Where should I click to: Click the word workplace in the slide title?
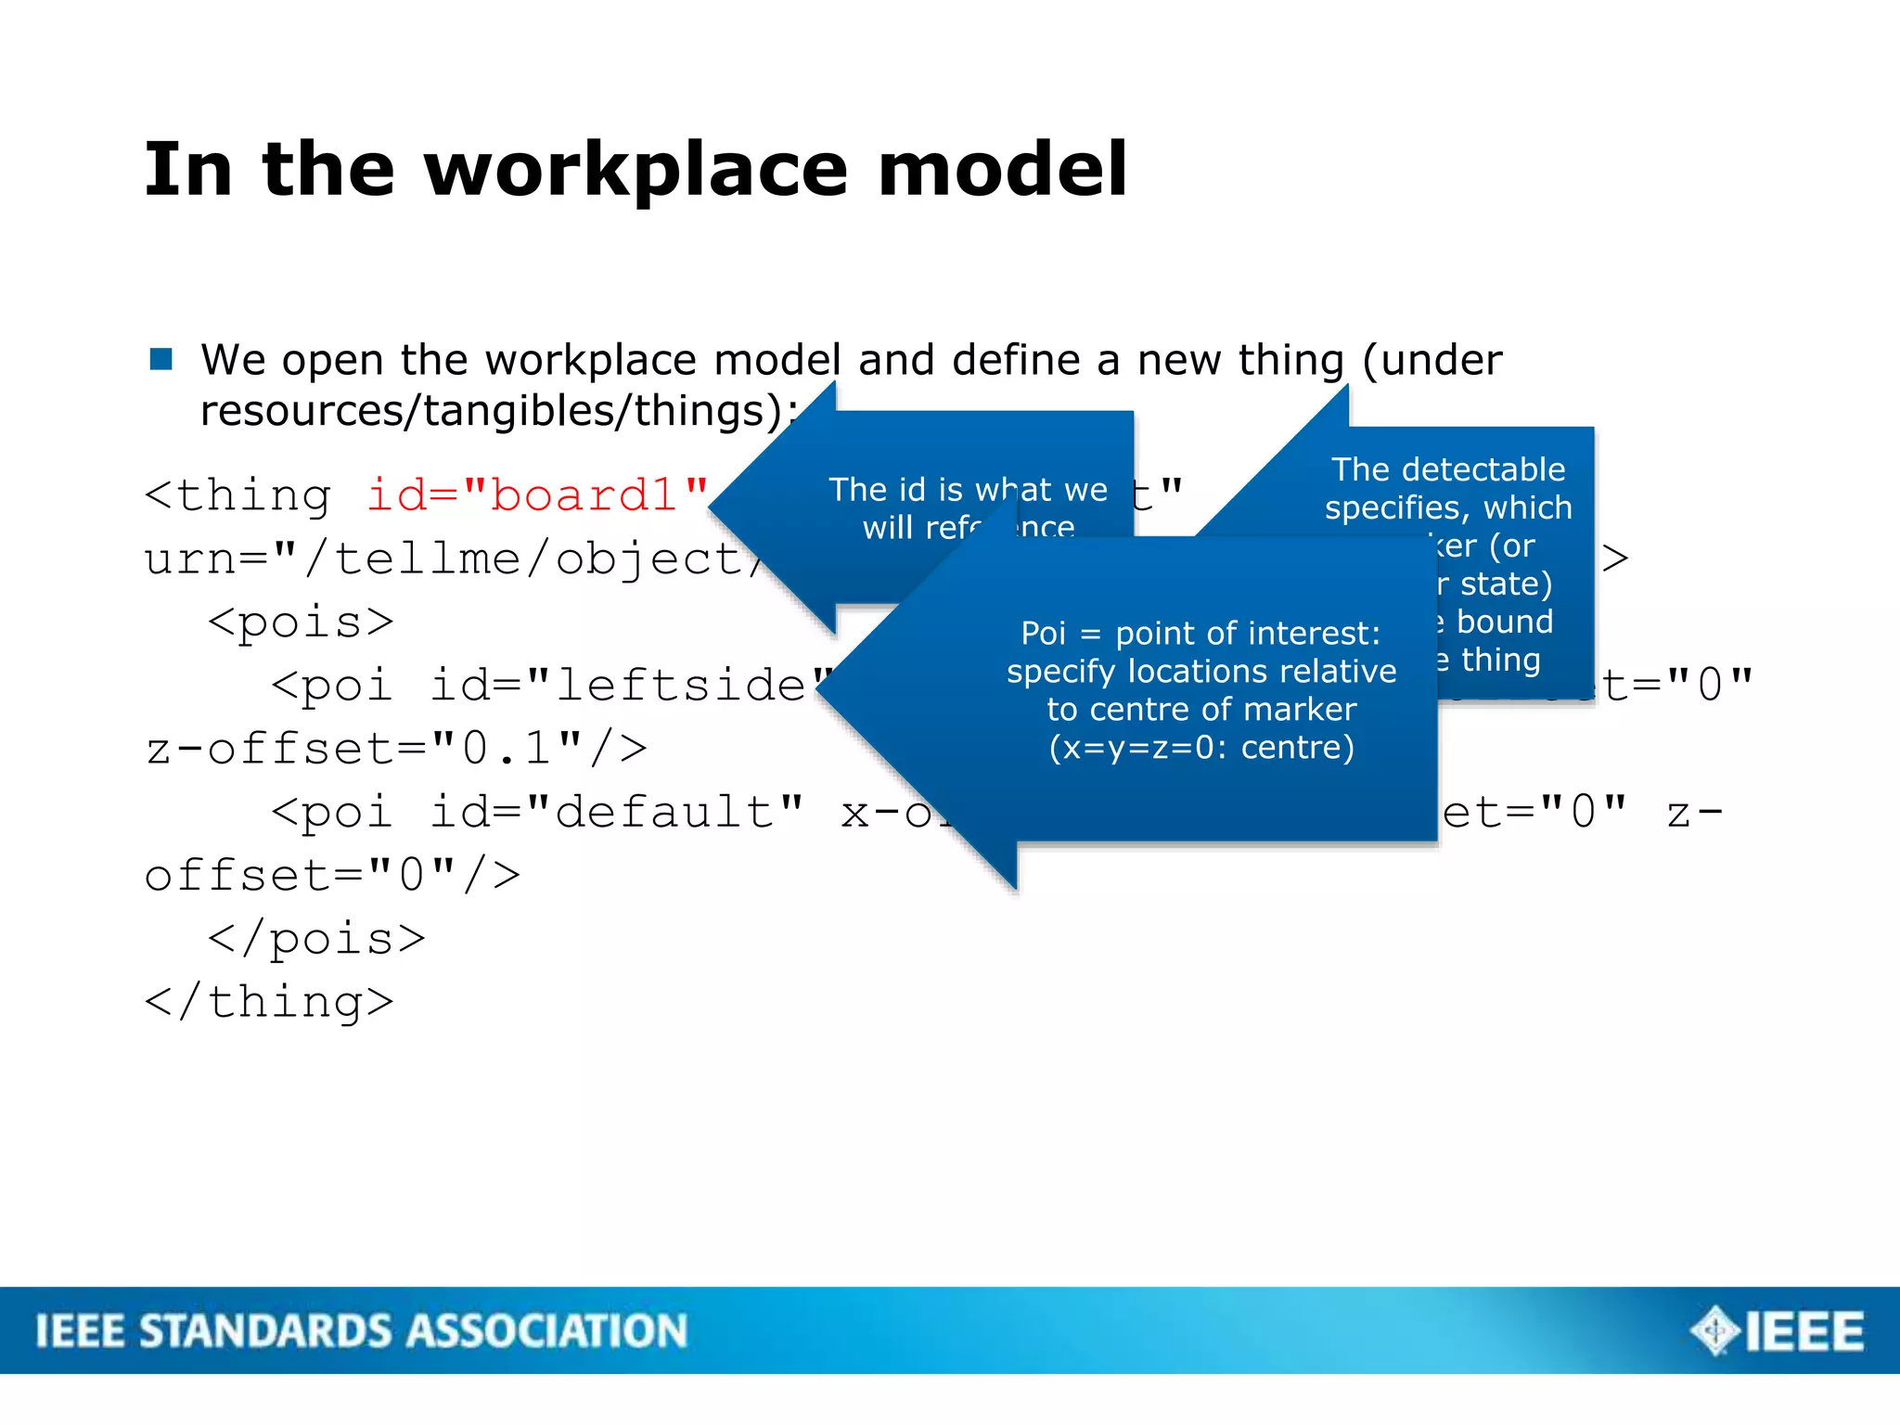click(636, 171)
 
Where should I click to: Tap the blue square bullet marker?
click(161, 359)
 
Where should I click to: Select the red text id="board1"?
click(537, 495)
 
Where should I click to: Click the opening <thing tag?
click(238, 495)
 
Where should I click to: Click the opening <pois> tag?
click(301, 622)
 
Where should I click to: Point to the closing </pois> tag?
click(316, 939)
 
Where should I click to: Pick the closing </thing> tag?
click(269, 1002)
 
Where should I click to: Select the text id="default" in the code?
click(616, 812)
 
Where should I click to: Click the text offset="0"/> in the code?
click(332, 875)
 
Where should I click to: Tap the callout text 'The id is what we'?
click(968, 490)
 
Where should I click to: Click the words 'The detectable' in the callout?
click(1448, 469)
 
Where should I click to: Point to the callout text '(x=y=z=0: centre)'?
click(1201, 748)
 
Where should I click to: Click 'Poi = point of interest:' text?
click(1200, 634)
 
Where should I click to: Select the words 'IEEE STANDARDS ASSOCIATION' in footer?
click(362, 1330)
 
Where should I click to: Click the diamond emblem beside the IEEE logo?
click(1715, 1330)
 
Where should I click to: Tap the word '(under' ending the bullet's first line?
click(1431, 360)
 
